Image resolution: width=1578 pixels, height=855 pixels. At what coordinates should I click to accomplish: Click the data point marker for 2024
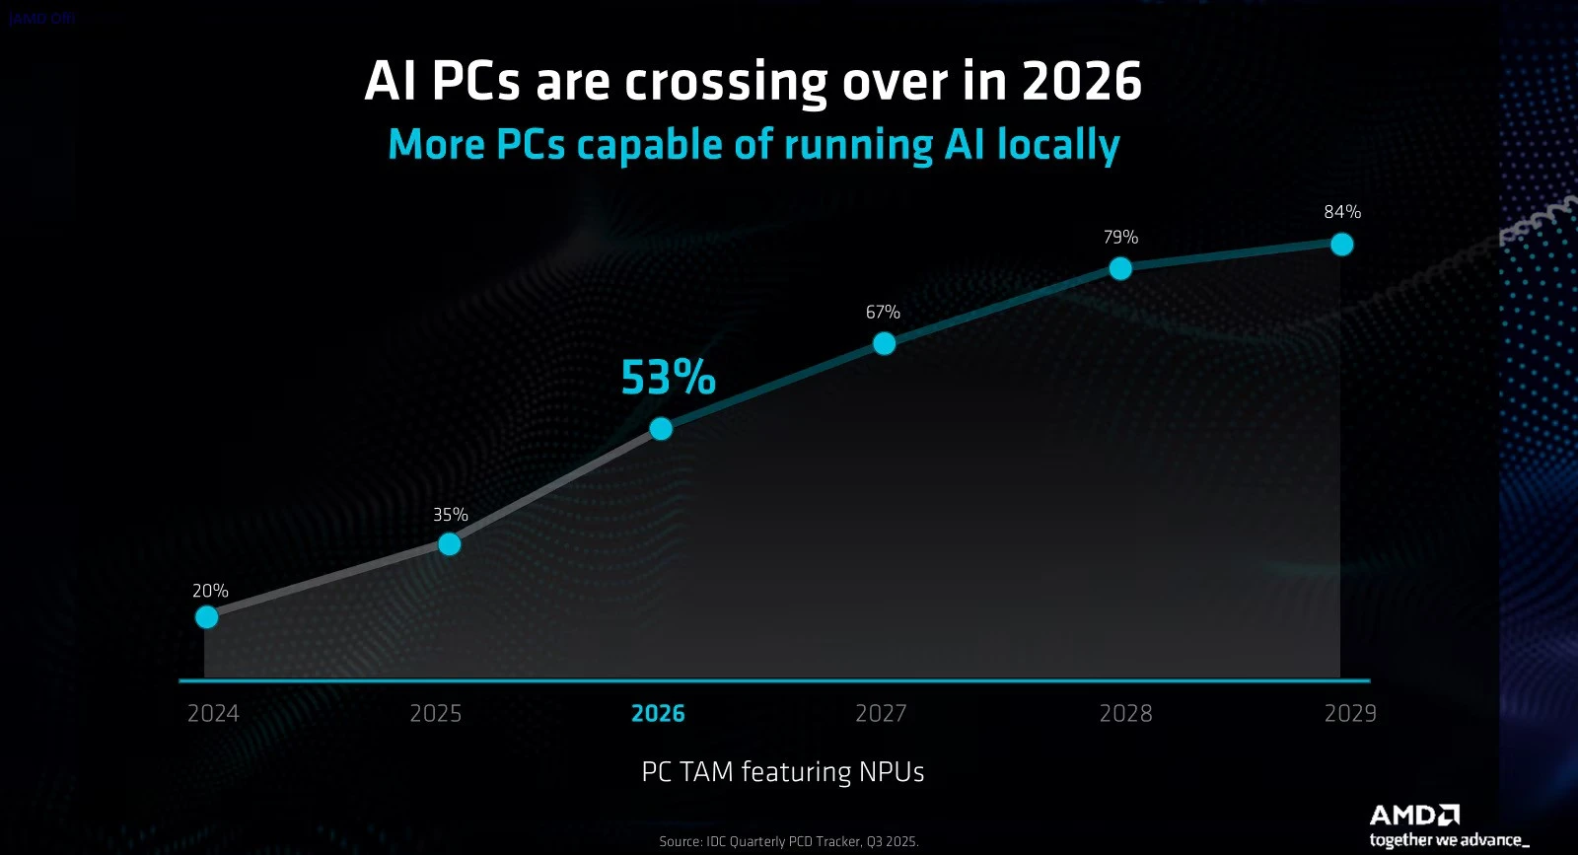pyautogui.click(x=206, y=617)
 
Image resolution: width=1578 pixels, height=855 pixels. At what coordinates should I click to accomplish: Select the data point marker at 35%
pyautogui.click(x=450, y=544)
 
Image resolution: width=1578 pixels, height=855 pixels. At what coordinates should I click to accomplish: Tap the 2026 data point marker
pyautogui.click(x=662, y=429)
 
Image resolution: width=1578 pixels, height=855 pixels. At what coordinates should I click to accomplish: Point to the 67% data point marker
pyautogui.click(x=885, y=343)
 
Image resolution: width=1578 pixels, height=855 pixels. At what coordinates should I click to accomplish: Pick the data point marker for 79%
pyautogui.click(x=1120, y=268)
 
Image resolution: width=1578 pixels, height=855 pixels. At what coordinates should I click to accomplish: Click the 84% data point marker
pyautogui.click(x=1341, y=244)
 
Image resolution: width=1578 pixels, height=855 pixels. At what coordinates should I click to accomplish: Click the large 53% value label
pyautogui.click(x=668, y=378)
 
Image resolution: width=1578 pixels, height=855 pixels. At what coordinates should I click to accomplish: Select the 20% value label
pyautogui.click(x=210, y=591)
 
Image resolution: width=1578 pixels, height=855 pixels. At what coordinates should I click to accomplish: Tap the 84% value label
pyautogui.click(x=1342, y=212)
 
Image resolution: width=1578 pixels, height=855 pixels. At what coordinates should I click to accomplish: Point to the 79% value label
pyautogui.click(x=1120, y=238)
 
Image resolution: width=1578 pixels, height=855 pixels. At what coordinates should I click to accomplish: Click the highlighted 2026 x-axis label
pyautogui.click(x=658, y=713)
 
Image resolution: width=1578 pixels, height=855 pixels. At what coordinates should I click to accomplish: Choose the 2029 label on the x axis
pyautogui.click(x=1350, y=713)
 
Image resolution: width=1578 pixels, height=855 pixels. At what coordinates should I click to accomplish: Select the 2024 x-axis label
pyautogui.click(x=213, y=713)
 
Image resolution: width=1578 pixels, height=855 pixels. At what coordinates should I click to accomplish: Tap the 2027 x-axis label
pyautogui.click(x=881, y=713)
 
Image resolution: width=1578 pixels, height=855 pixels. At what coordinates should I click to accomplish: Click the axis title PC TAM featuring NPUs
pyautogui.click(x=783, y=771)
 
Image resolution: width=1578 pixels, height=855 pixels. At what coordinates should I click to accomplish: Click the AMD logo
pyautogui.click(x=1414, y=815)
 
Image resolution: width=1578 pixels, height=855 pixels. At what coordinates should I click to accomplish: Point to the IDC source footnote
pyautogui.click(x=789, y=841)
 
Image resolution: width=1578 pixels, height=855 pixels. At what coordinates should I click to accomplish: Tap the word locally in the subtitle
pyautogui.click(x=1058, y=145)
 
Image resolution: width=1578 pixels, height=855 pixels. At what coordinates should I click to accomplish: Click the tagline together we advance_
pyautogui.click(x=1449, y=840)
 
